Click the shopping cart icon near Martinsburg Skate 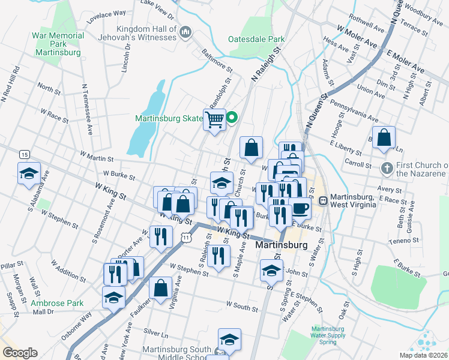tap(214, 119)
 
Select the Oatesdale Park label tap(256, 40)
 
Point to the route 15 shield tap(24, 154)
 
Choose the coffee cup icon tap(301, 209)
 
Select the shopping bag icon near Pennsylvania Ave tap(384, 137)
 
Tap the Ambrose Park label tap(58, 303)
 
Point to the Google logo tap(20, 353)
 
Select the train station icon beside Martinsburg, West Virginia tap(323, 200)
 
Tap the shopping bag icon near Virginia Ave tap(161, 288)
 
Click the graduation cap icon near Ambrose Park tap(113, 297)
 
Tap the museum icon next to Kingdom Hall tap(185, 31)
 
